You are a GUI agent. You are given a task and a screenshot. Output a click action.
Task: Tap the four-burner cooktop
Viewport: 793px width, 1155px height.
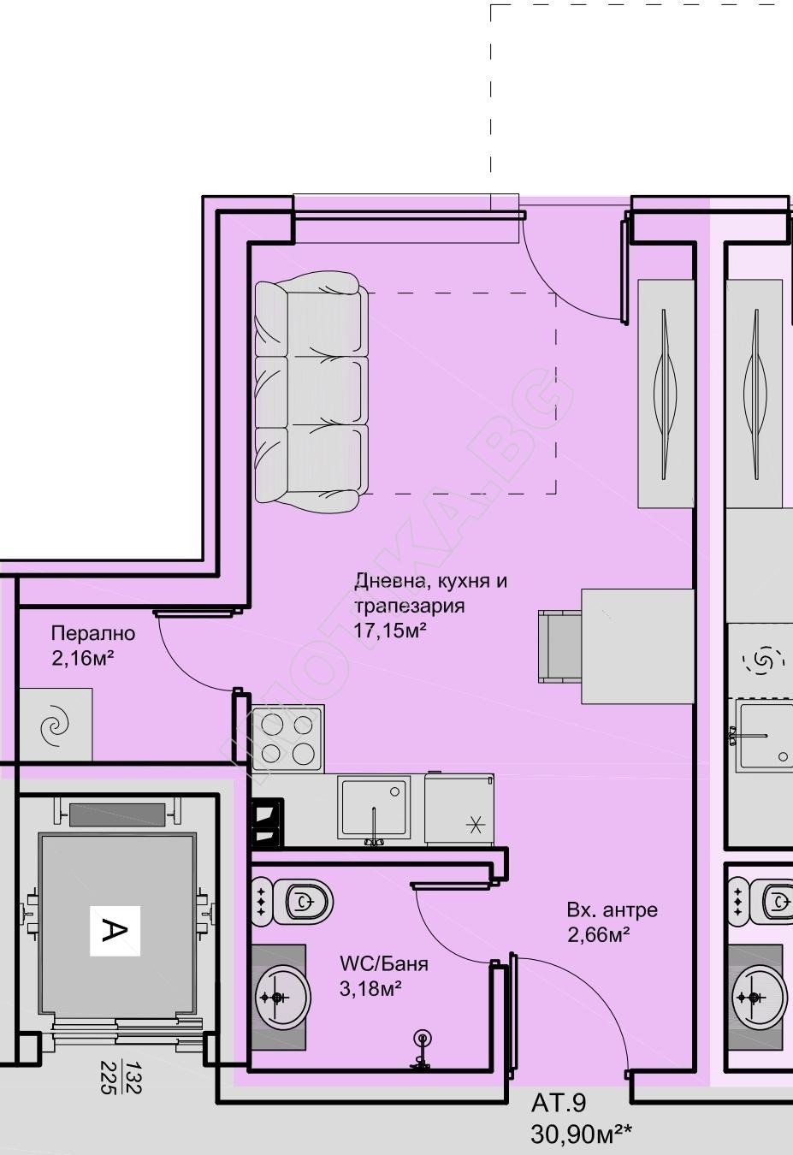[x=287, y=739]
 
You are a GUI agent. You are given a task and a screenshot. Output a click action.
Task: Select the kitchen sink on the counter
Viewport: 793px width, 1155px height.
[x=375, y=810]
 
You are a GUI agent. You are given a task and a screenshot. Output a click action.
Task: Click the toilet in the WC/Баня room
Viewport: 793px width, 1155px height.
[x=293, y=901]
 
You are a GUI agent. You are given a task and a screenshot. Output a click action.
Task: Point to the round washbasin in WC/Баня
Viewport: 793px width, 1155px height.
[x=281, y=998]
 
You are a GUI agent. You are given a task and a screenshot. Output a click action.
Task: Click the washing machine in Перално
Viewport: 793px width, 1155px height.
[x=56, y=725]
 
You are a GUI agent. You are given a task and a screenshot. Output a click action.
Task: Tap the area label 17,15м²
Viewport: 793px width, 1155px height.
[x=390, y=630]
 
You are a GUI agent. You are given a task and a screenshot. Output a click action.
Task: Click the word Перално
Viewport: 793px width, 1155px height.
[x=93, y=632]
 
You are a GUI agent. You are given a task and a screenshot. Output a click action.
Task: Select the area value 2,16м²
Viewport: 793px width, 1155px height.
[x=82, y=658]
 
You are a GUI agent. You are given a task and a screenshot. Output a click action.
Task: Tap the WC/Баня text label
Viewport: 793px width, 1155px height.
[x=384, y=963]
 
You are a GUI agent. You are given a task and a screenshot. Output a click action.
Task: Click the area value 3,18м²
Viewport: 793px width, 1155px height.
[x=370, y=988]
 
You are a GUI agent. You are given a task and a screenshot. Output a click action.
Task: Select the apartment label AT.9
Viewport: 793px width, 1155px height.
[x=559, y=1103]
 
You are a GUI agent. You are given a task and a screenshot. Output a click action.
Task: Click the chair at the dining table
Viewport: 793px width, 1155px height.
[x=560, y=647]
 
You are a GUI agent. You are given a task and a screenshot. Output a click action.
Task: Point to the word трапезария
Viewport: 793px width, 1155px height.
[x=410, y=606]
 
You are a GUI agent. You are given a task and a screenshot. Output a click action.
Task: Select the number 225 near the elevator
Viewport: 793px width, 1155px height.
[x=109, y=1076]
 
